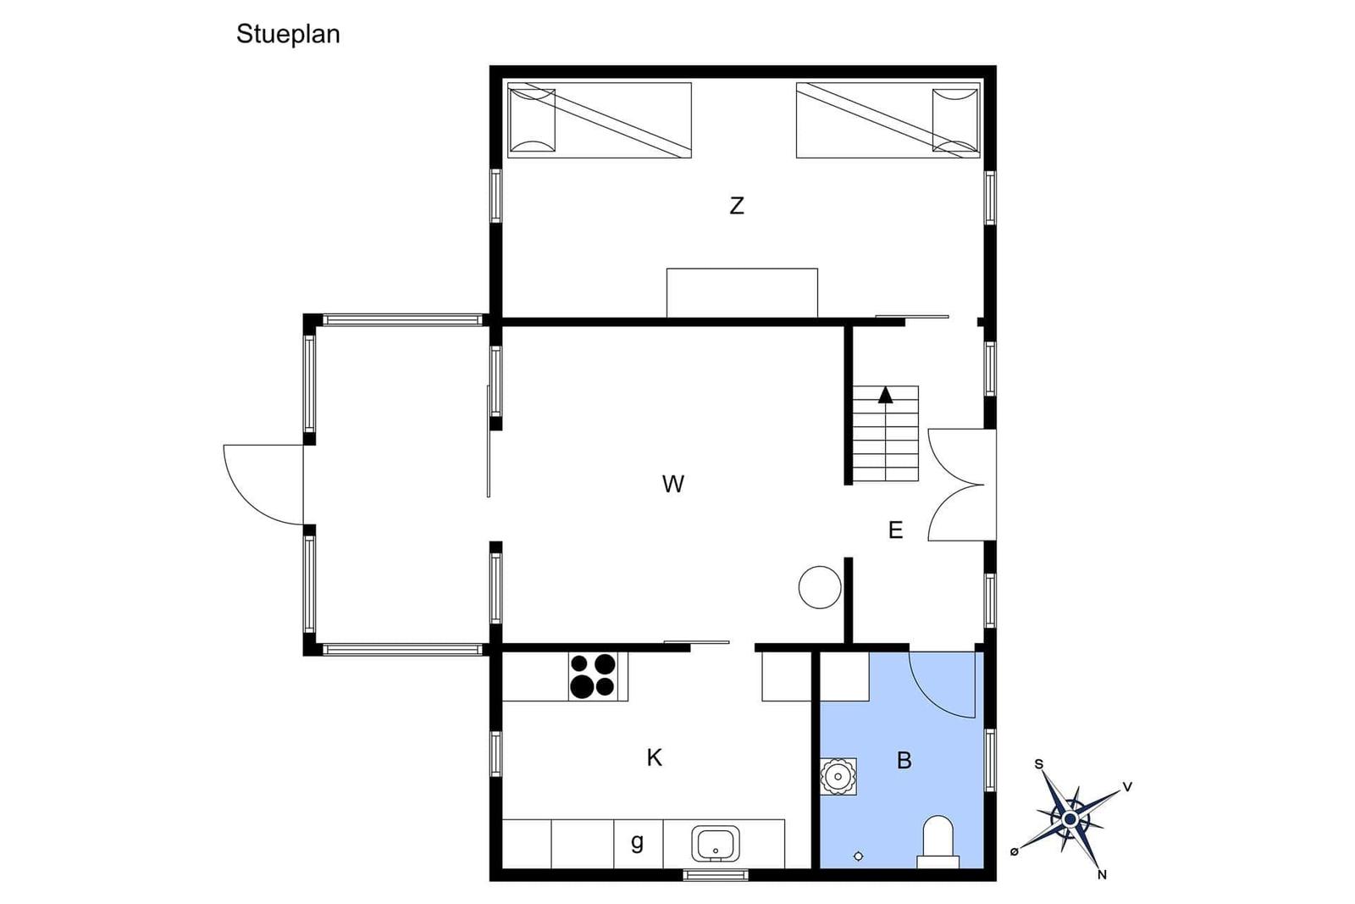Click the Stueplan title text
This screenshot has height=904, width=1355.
288,35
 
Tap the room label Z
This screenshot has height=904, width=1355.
736,206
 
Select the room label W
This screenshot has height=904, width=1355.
673,484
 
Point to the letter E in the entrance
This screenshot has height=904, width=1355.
896,530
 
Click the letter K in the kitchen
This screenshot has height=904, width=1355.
654,757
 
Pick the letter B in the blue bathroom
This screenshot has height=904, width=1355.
904,760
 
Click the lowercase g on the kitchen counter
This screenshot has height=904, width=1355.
637,841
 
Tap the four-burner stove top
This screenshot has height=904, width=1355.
592,676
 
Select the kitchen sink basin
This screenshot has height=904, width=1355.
716,844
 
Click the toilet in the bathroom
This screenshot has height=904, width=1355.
938,841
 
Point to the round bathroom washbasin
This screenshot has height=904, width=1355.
838,776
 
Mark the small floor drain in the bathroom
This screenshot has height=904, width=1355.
858,856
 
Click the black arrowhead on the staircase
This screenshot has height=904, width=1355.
886,395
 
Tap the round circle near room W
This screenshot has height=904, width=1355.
820,587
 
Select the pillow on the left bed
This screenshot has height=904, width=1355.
533,120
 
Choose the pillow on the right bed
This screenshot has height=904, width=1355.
955,120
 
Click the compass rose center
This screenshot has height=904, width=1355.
1070,819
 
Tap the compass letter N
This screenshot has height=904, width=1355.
1102,874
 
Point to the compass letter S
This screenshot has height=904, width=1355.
1038,764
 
